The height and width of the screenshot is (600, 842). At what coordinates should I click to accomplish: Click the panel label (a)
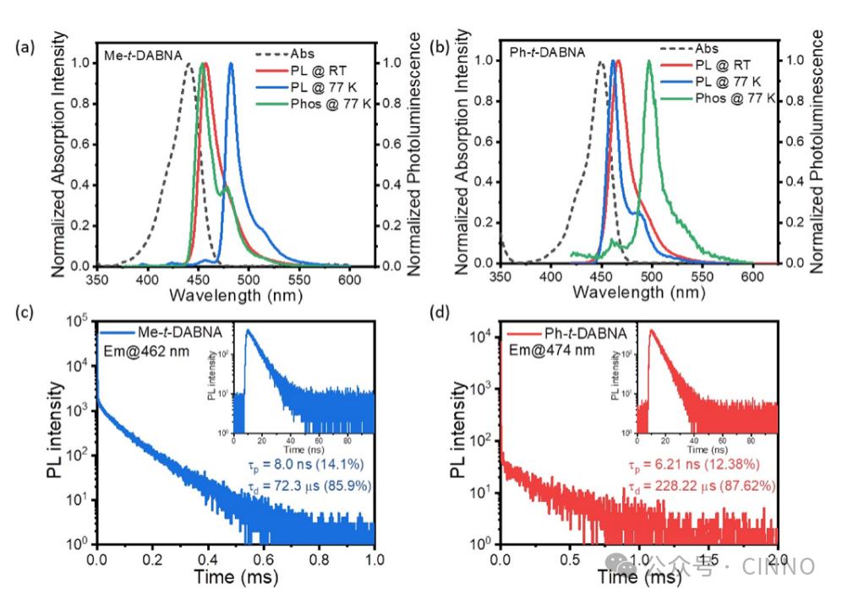25,48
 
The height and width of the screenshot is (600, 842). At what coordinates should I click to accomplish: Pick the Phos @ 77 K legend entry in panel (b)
735,98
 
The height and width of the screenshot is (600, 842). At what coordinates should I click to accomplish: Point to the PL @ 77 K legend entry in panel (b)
727,81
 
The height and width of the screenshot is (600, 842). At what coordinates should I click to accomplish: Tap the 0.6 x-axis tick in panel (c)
265,559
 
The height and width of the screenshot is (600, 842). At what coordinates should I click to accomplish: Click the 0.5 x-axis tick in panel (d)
570,559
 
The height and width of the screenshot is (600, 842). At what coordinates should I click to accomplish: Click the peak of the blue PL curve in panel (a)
231,63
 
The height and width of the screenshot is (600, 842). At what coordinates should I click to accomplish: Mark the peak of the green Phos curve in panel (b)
649,61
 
